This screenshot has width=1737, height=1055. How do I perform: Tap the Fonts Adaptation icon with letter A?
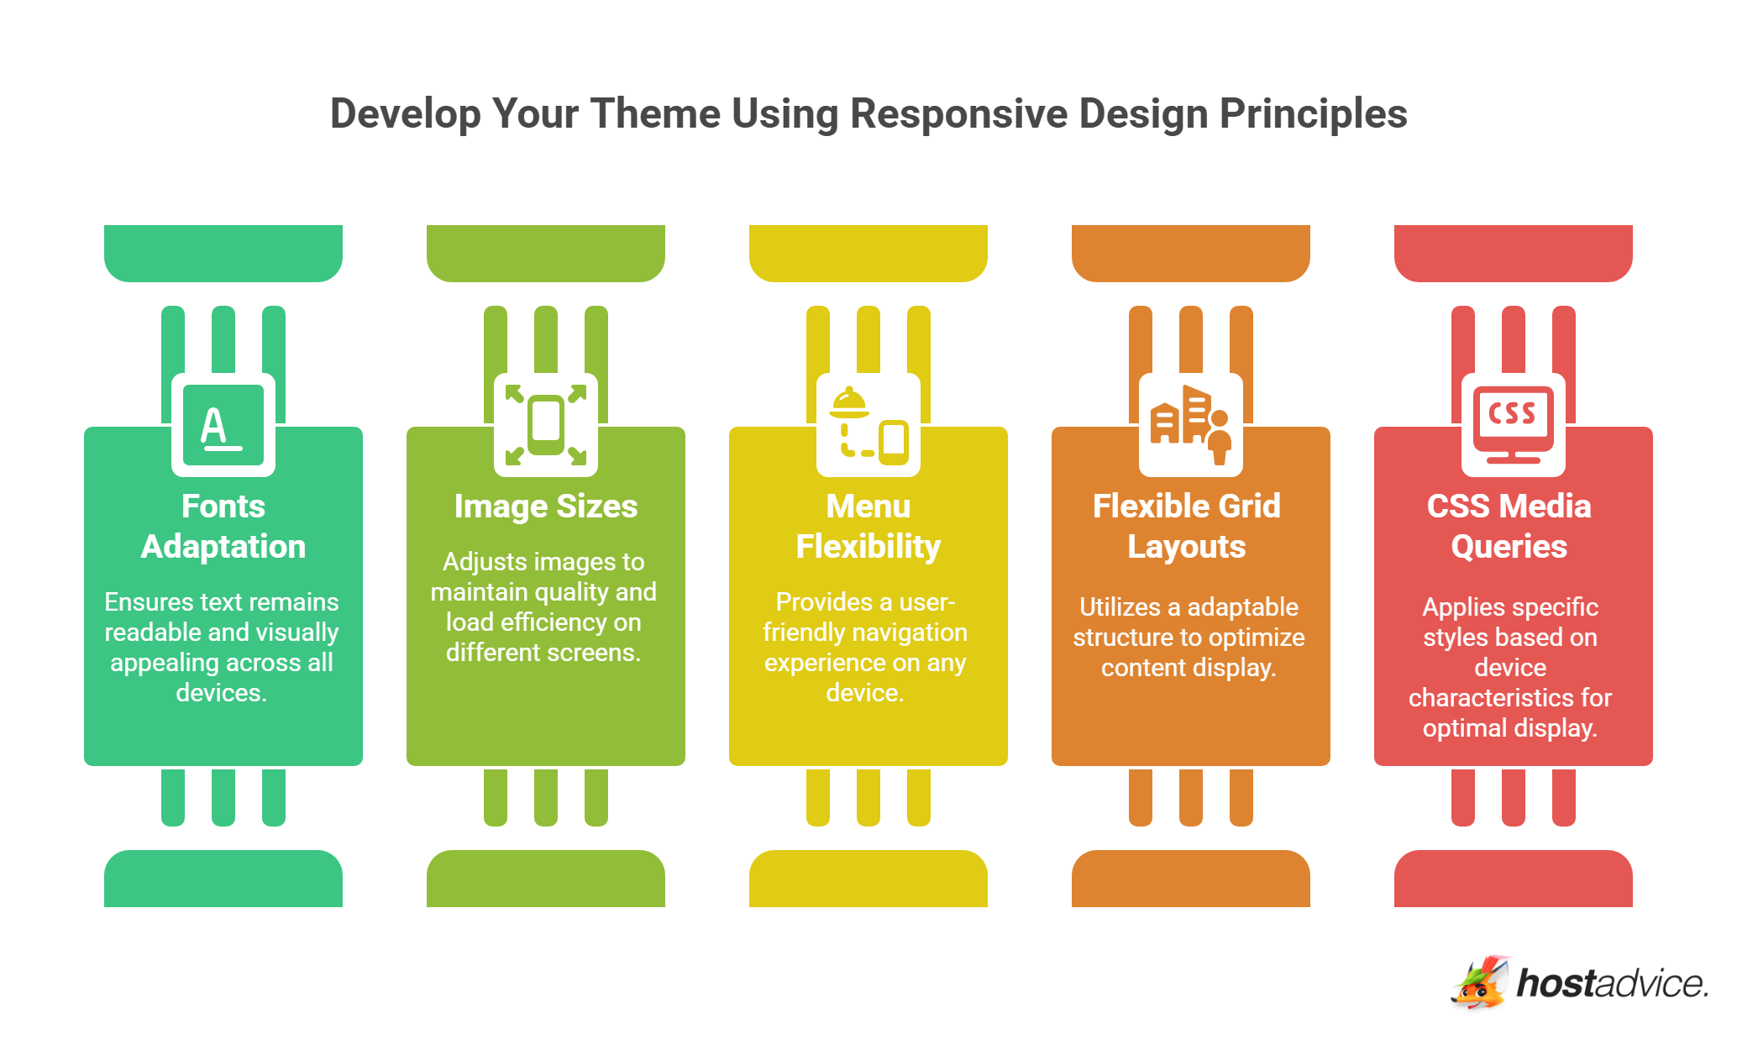click(223, 425)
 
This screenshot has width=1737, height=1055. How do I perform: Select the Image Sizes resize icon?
click(546, 425)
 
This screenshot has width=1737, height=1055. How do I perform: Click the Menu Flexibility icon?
click(868, 425)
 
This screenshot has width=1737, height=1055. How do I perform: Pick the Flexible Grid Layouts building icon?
click(1191, 425)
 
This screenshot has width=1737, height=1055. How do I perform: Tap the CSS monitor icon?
click(1514, 425)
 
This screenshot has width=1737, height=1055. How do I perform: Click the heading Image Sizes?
click(546, 507)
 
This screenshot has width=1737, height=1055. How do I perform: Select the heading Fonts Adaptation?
click(223, 527)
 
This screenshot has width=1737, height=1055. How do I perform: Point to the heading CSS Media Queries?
click(1509, 527)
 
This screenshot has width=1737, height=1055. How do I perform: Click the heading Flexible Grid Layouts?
click(1187, 527)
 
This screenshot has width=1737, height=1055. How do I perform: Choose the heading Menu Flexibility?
click(868, 527)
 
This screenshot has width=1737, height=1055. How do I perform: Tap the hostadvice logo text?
click(1613, 983)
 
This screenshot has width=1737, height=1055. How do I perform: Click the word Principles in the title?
click(1314, 115)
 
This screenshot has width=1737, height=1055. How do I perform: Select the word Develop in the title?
click(406, 115)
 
